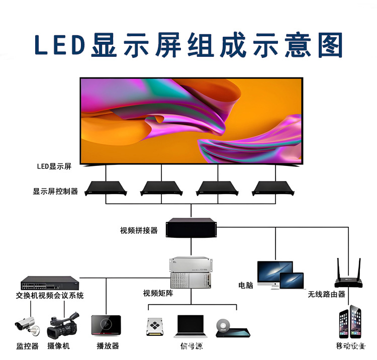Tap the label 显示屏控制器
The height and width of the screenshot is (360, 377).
pos(55,191)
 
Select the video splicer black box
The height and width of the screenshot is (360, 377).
pos(191,228)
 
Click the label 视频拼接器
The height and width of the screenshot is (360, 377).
pos(139,230)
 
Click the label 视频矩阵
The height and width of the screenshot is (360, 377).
pos(158,293)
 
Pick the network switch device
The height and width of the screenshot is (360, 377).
pos(50,283)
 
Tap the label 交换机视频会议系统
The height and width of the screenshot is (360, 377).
pos(50,295)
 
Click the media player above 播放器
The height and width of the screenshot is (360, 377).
pos(106,325)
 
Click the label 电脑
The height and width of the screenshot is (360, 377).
pos(246,285)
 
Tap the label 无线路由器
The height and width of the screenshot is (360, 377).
pos(327,294)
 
